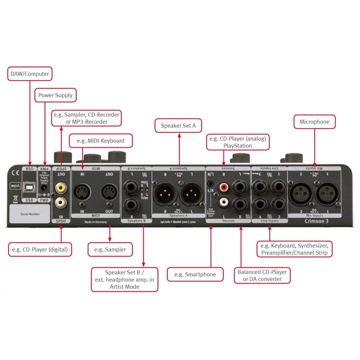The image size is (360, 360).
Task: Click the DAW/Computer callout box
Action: coord(30,74)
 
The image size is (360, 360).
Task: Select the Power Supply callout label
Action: coord(55,95)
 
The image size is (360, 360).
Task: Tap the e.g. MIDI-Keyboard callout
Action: coord(100,141)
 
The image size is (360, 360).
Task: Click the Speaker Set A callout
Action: coord(178,126)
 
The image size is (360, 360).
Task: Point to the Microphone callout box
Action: coord(314,122)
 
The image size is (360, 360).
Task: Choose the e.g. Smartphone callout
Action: coord(195,274)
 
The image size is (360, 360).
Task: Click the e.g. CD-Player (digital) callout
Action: coord(40,249)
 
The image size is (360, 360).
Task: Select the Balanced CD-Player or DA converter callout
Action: coord(262,275)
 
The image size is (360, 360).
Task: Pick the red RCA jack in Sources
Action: coord(223,188)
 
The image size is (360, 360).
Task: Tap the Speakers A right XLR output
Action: coord(165,194)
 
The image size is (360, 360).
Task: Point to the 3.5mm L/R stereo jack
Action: coord(211,183)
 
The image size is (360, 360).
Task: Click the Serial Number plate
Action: coord(30,214)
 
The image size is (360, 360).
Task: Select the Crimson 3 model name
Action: coord(316,221)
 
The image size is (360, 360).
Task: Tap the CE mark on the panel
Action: coord(15,173)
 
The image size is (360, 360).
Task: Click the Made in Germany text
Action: coord(95,222)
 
